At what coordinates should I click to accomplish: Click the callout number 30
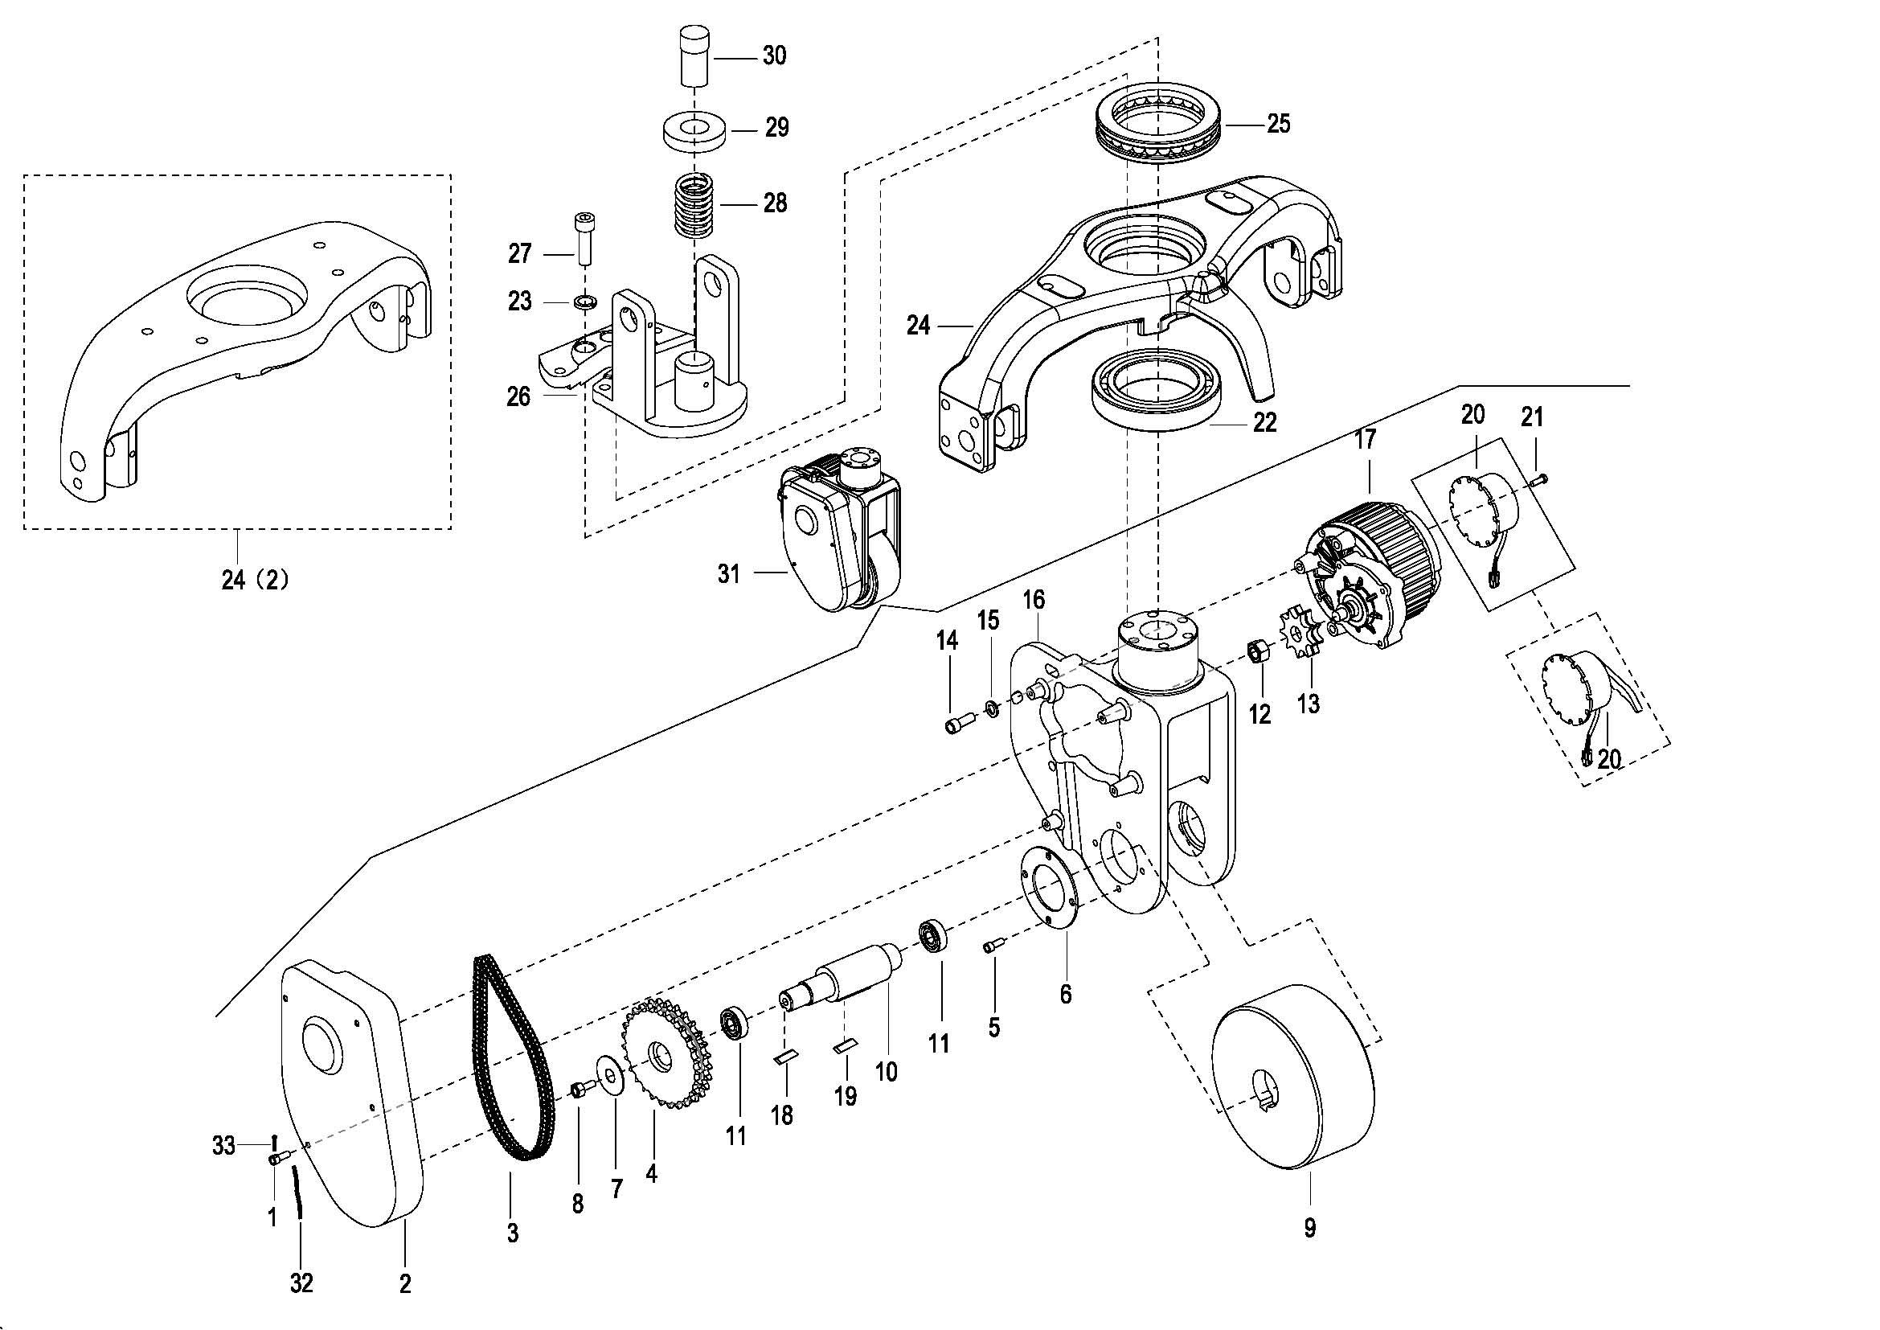click(774, 55)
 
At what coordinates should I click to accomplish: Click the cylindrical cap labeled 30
click(694, 55)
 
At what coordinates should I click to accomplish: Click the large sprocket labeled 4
click(670, 1053)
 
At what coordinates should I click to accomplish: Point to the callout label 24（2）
click(255, 580)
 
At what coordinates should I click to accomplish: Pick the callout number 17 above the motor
click(1365, 440)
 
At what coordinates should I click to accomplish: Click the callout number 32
click(301, 1283)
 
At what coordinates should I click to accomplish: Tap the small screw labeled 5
click(993, 946)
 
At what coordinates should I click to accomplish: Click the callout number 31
click(729, 574)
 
